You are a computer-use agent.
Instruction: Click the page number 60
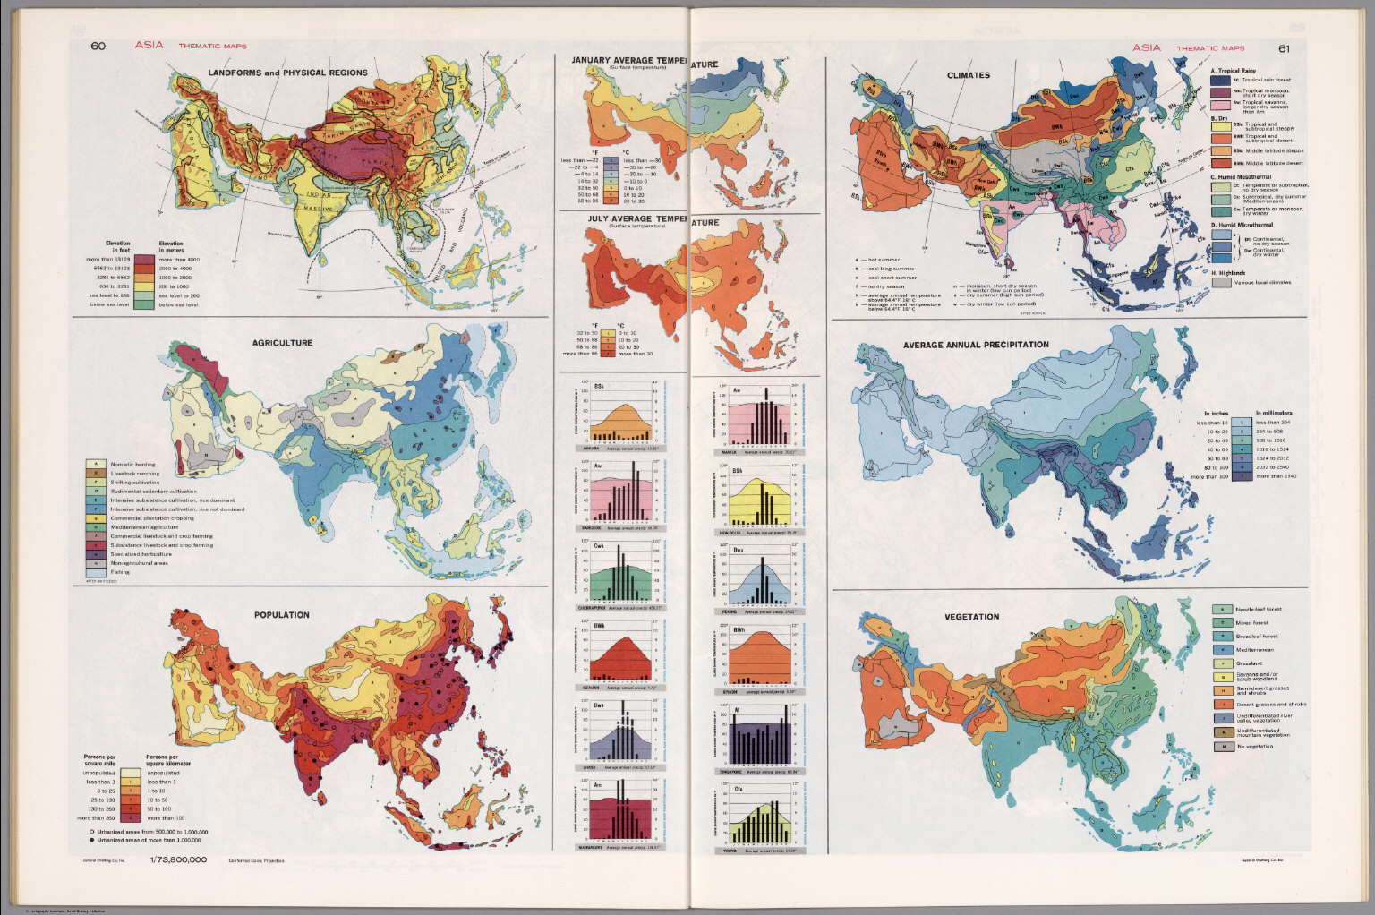pos(98,47)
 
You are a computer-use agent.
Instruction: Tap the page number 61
pos(1284,48)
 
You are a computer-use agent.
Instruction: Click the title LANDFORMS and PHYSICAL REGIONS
pos(287,73)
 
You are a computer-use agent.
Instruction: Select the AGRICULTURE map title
pos(282,343)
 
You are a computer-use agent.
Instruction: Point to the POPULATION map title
pos(281,615)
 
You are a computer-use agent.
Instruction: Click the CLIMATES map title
pos(968,75)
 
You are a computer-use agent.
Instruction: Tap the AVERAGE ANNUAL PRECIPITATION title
pos(976,345)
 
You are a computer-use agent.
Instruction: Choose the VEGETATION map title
pos(971,617)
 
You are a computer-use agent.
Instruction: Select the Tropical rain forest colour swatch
pos(1219,81)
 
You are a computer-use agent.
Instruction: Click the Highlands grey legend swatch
pos(1219,282)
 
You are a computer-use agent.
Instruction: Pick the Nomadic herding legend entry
pos(132,465)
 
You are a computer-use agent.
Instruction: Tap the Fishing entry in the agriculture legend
pos(120,571)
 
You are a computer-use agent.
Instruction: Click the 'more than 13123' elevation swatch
pos(145,260)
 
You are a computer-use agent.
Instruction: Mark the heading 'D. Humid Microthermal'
pos(1245,225)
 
